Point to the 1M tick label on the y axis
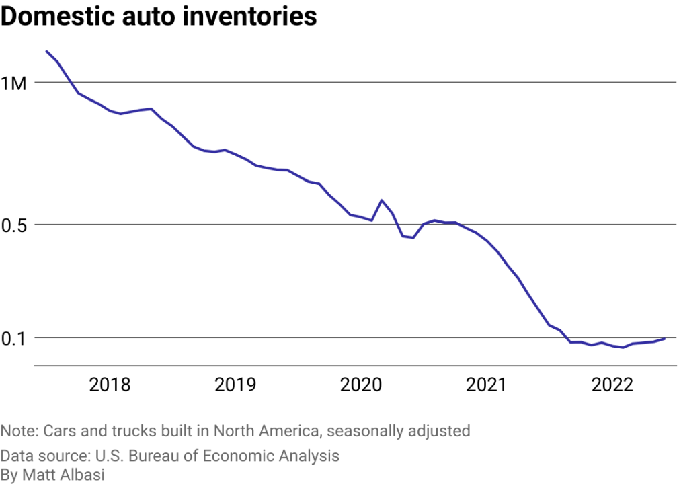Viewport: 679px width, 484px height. click(x=15, y=83)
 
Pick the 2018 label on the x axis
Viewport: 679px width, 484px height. click(x=110, y=385)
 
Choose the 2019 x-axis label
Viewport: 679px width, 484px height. click(x=235, y=385)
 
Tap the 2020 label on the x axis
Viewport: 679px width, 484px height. click(x=360, y=385)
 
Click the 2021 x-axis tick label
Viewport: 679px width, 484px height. click(x=486, y=385)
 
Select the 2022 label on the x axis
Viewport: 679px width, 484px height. click(x=612, y=385)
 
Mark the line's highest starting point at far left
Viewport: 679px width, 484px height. click(x=46, y=51)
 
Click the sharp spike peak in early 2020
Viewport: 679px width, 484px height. click(x=382, y=200)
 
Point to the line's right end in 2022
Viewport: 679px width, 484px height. click(x=665, y=339)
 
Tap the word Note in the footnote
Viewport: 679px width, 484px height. click(x=18, y=430)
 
